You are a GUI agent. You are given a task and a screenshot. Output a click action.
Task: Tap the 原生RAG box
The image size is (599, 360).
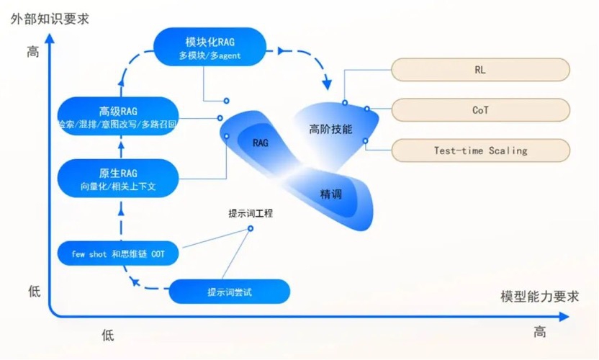[117, 179]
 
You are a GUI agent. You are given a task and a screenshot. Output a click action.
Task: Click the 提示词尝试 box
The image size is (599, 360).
[229, 292]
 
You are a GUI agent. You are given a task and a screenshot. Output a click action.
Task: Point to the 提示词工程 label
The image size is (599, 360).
[251, 214]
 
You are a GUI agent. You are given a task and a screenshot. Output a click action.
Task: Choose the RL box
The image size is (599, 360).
[480, 70]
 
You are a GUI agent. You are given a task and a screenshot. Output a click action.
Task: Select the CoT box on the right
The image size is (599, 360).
[480, 110]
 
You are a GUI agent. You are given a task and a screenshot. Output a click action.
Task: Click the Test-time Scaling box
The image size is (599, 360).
[480, 150]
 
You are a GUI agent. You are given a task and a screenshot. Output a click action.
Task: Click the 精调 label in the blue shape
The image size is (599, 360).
[330, 194]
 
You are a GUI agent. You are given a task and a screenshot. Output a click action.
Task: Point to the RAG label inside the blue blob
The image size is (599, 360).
[260, 143]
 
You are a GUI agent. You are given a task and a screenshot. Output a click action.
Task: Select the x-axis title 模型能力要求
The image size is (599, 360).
[539, 297]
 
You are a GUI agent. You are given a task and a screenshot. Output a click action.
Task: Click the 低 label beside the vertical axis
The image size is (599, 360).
[35, 292]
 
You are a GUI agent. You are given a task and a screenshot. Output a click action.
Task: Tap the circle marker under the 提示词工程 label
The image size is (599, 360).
[251, 228]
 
